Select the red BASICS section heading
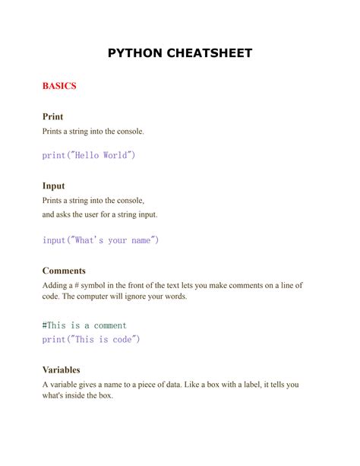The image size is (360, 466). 58,86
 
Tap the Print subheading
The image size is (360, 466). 52,117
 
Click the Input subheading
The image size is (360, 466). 53,185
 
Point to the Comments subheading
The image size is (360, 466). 64,271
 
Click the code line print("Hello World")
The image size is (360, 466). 89,155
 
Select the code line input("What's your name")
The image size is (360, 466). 100,240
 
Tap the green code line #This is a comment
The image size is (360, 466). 84,325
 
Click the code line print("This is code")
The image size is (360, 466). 91,340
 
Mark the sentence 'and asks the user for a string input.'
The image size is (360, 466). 99,214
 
